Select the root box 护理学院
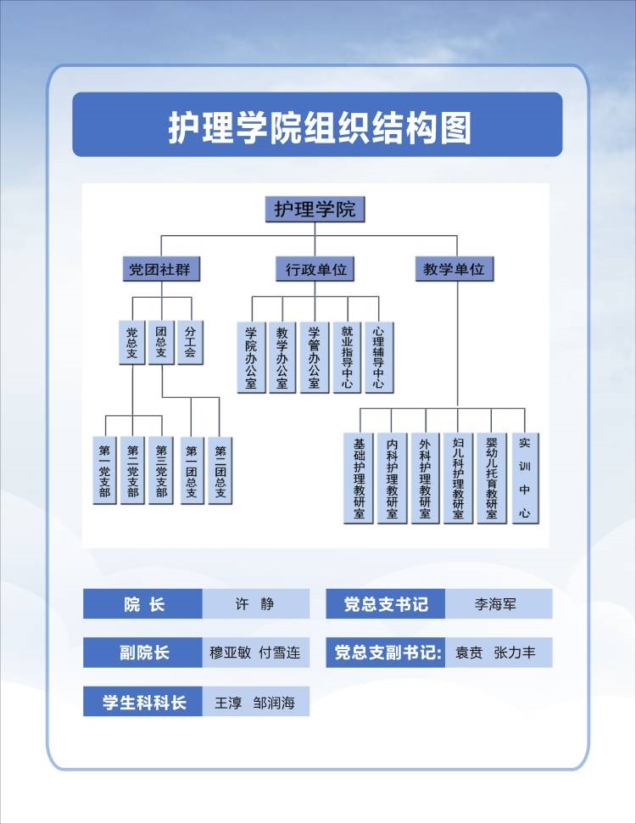point(315,209)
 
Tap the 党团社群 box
point(160,270)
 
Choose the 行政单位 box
point(315,270)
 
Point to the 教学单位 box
point(455,270)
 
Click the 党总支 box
point(131,341)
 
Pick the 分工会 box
point(189,341)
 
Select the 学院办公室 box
point(251,356)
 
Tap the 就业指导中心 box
point(346,356)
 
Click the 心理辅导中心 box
point(378,356)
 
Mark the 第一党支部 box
point(104,469)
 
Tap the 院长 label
point(143,605)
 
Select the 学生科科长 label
point(143,703)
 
